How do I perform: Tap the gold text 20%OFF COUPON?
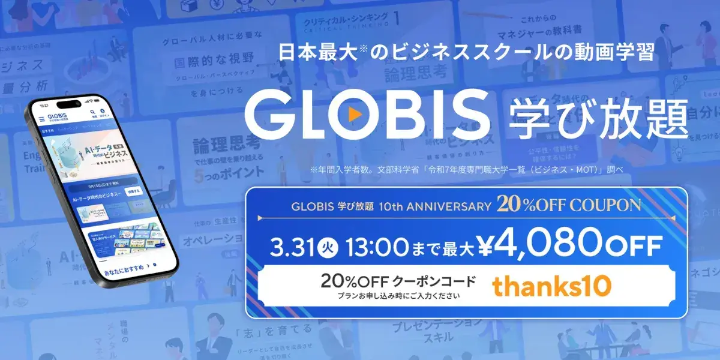(x=568, y=205)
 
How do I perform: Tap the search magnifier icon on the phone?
(x=93, y=112)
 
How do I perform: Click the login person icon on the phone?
(x=103, y=112)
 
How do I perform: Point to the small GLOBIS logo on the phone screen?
(x=58, y=116)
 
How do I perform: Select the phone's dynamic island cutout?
(x=69, y=104)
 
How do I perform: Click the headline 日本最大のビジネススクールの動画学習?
(x=466, y=53)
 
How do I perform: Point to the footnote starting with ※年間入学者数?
(x=466, y=170)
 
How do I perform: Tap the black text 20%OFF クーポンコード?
(x=398, y=281)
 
